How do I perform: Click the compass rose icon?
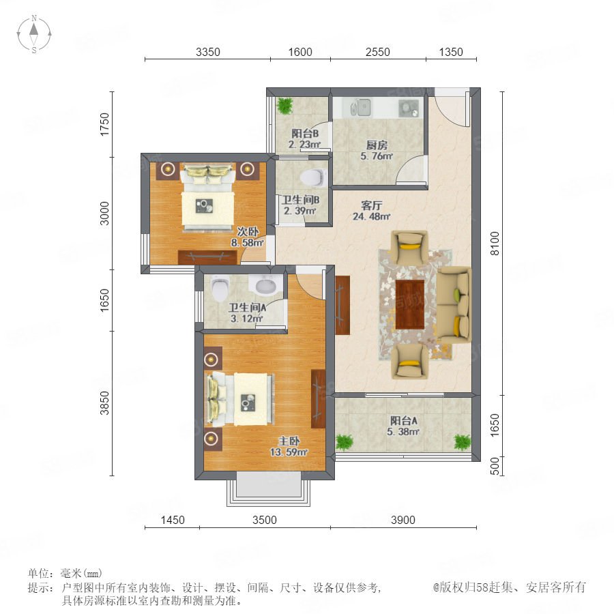click(x=34, y=34)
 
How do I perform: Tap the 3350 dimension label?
click(x=208, y=52)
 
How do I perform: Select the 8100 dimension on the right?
click(x=495, y=243)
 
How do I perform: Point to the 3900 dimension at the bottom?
click(x=403, y=520)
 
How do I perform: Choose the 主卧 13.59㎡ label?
click(x=289, y=447)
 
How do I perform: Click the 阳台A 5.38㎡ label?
click(x=403, y=426)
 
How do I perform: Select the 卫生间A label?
click(x=248, y=308)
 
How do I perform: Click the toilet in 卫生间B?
click(x=313, y=177)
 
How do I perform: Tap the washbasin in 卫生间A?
click(x=268, y=284)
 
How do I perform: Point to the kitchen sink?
click(x=361, y=107)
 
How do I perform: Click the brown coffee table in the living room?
click(x=410, y=305)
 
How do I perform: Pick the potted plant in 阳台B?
click(x=284, y=105)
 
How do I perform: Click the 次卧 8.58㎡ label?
click(x=248, y=237)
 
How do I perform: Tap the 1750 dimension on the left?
click(x=104, y=124)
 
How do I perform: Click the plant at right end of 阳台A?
click(x=462, y=441)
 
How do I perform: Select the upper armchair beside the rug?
click(x=410, y=248)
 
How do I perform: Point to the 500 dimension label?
click(x=495, y=466)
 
